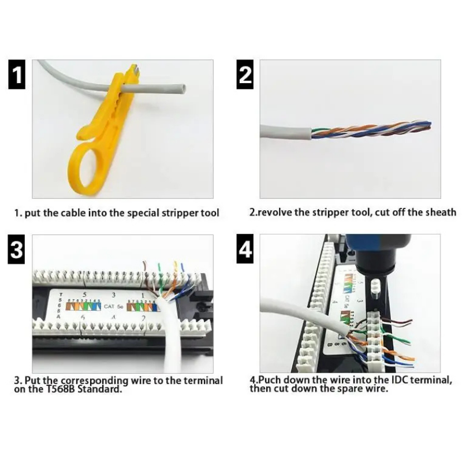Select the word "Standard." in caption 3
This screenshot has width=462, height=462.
point(97,389)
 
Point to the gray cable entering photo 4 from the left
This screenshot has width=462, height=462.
point(300,315)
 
